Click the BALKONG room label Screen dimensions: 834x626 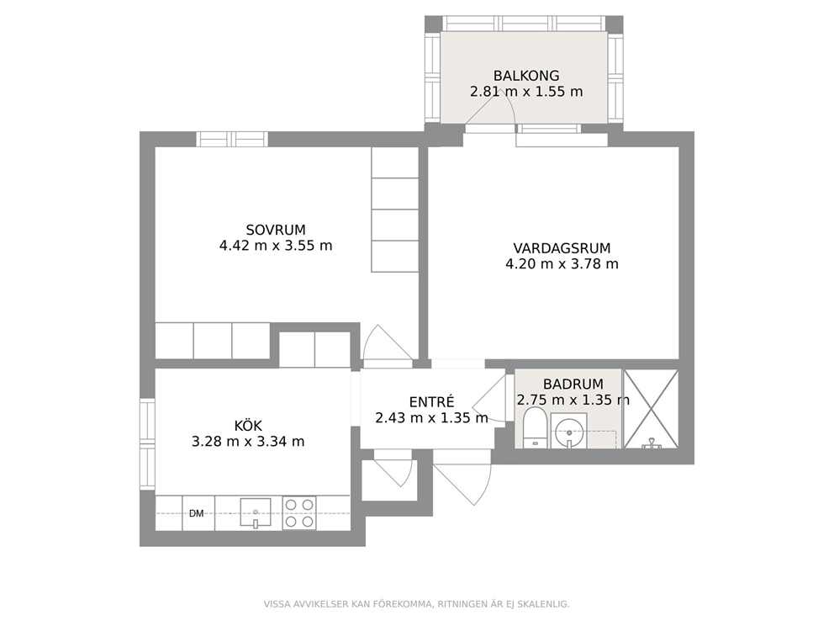click(x=526, y=76)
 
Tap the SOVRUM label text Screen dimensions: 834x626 click(x=276, y=230)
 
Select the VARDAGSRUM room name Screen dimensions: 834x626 click(x=562, y=248)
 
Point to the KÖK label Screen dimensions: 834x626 click(x=248, y=425)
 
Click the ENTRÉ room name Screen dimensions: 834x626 click(x=431, y=401)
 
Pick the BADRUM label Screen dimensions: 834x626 click(x=573, y=384)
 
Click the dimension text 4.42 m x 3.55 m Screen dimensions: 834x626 click(x=276, y=246)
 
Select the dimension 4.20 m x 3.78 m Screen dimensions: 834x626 click(x=562, y=264)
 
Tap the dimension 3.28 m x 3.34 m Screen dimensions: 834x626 click(x=248, y=442)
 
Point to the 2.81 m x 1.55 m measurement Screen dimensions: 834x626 click(x=526, y=92)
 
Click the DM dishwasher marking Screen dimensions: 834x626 click(x=196, y=514)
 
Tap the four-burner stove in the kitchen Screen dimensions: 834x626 click(x=299, y=512)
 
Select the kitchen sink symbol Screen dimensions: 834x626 click(x=256, y=512)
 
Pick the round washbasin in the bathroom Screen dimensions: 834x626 click(x=568, y=431)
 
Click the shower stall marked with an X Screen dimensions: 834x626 click(x=651, y=409)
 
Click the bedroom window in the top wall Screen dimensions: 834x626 click(x=232, y=139)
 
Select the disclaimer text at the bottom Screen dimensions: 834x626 click(x=416, y=604)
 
